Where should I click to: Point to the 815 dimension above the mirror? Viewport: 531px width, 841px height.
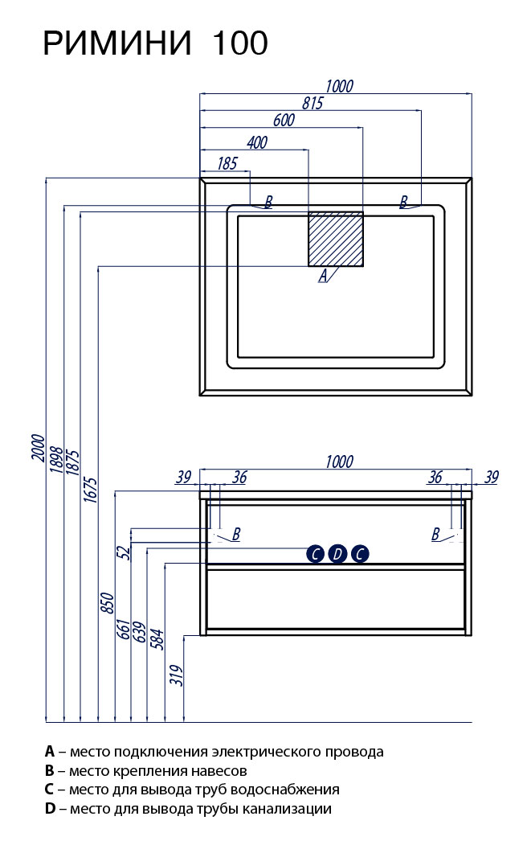pos(312,103)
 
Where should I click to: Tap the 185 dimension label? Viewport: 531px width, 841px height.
pos(227,163)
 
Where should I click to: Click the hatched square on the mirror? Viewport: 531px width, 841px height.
pos(336,239)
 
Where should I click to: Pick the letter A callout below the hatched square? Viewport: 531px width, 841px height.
pos(323,276)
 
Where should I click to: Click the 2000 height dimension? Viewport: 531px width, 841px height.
pos(38,447)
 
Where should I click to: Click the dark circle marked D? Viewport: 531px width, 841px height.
pos(337,554)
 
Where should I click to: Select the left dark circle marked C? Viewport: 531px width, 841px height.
pos(315,554)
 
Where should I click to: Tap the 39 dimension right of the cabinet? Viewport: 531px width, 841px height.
pos(492,477)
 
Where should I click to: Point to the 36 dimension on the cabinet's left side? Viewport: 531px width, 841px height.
pos(239,477)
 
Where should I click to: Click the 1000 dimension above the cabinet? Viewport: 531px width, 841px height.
pos(339,462)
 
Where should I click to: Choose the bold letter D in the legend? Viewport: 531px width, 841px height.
pos(50,809)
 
